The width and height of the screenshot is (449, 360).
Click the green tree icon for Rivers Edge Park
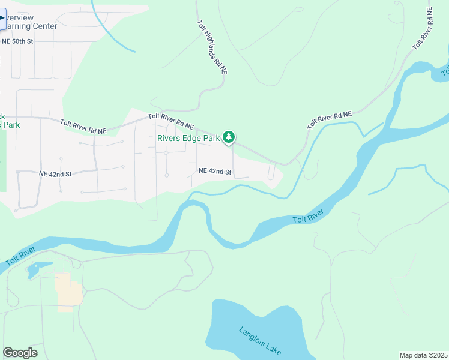[228, 137]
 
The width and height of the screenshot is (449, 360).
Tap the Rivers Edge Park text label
[188, 138]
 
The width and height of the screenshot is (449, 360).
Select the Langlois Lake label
[260, 340]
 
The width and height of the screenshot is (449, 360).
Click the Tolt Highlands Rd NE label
[212, 47]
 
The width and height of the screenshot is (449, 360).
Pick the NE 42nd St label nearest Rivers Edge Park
[215, 172]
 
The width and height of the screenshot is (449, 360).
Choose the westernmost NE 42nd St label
[55, 174]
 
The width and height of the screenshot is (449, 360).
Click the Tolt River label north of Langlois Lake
[309, 217]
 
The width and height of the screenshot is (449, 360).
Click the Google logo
[20, 353]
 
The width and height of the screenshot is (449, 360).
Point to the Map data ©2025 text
[423, 355]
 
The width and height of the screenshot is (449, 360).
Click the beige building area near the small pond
[68, 292]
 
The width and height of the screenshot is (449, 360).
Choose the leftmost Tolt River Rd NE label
[83, 126]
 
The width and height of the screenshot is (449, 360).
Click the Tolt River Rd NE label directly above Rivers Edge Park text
[171, 121]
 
